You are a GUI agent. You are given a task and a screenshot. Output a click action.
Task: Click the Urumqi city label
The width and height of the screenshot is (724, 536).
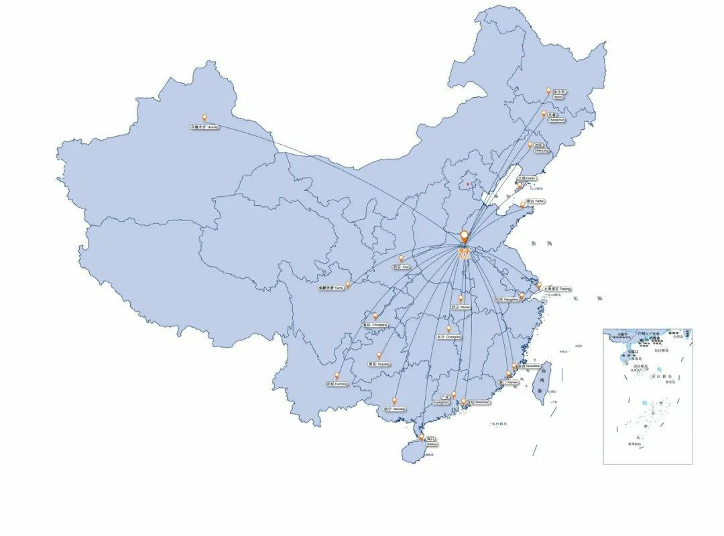coord(204,127)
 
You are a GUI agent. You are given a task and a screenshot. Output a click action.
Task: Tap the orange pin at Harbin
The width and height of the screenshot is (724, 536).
coord(548,90)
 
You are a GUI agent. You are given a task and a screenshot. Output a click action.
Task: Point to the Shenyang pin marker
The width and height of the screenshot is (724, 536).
coord(530,144)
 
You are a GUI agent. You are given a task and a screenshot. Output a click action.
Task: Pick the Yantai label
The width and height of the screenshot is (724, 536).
coord(535,201)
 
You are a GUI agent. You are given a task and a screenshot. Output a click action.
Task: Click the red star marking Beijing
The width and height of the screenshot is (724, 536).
coord(467,184)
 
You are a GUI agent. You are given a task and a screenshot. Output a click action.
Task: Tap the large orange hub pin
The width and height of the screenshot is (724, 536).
coord(464,236)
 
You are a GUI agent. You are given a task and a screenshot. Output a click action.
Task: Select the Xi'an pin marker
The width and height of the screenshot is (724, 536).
coord(402,258)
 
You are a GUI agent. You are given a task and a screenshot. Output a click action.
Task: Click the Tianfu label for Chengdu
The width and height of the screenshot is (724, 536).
coord(330,289)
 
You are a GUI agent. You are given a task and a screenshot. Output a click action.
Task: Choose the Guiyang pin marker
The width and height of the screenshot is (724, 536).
coord(379,356)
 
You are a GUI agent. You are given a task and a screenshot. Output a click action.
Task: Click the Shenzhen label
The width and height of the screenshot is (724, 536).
coord(479,403)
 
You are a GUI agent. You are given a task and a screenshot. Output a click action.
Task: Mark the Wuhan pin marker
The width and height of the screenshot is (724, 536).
coord(461,299)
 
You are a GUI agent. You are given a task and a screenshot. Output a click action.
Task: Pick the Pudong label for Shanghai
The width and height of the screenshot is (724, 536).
coord(558,289)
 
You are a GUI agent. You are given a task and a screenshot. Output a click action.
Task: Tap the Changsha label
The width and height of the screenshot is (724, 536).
coord(448,337)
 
